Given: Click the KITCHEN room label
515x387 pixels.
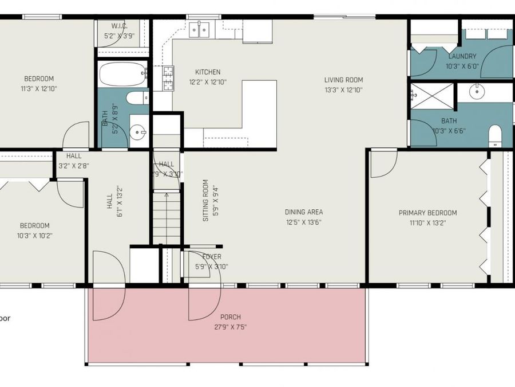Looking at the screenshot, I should coord(207,72).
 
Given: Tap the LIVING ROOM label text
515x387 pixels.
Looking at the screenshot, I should coord(343,80).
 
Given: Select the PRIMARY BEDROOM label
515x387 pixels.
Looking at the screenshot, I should coord(427,213).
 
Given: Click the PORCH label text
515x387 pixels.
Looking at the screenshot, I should coord(231,317).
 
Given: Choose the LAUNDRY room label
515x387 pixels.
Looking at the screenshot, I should coord(462,56).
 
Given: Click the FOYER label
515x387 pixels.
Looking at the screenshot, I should coord(211,257).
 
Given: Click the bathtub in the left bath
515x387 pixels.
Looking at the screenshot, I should coord(122,73).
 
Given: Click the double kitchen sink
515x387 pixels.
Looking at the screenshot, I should coord(201,30).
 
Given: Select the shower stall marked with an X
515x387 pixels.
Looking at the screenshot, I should coord(432,96).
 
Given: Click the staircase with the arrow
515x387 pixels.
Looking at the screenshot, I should coord(167,218).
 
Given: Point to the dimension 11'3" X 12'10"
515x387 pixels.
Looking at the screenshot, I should coord(39,89).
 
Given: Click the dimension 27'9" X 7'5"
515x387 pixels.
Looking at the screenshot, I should coord(231,327).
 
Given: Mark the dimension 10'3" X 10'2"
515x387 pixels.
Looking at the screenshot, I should coord(34,236).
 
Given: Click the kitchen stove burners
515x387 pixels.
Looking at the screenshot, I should coord(169,79).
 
